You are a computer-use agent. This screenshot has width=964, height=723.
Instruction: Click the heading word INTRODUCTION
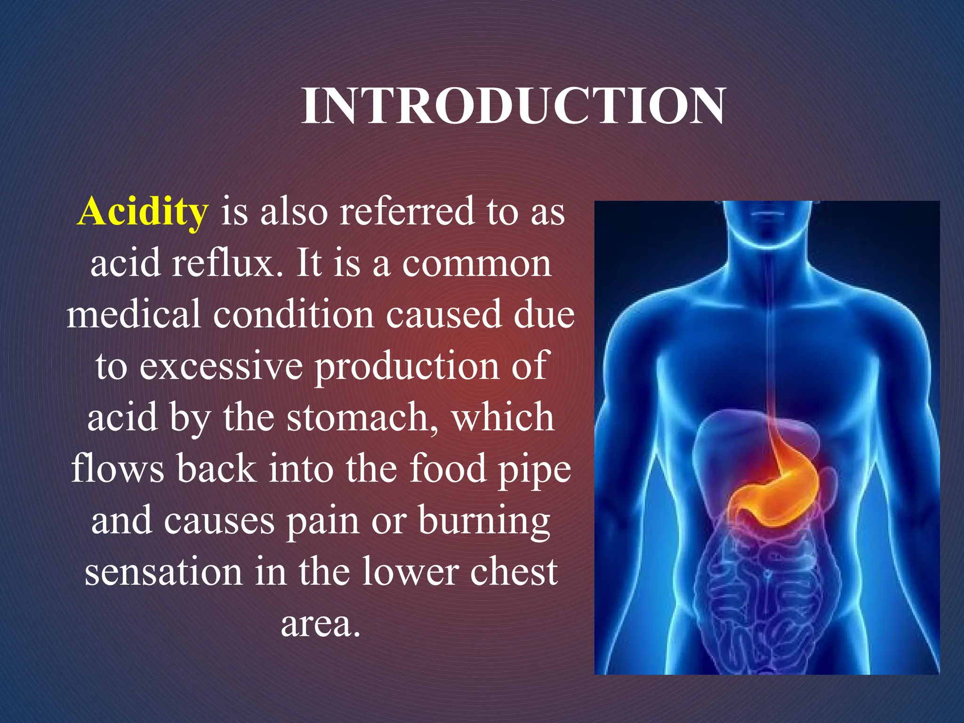[x=514, y=106]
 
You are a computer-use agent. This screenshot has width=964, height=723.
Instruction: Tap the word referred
[x=407, y=211]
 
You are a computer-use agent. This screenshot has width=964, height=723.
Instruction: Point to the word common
[x=476, y=264]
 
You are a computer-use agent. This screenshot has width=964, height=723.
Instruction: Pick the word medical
[x=134, y=314]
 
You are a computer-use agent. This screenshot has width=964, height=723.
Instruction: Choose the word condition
[x=294, y=314]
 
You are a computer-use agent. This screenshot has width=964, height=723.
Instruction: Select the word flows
[x=117, y=469]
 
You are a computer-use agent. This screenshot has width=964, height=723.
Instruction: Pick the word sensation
[x=163, y=572]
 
